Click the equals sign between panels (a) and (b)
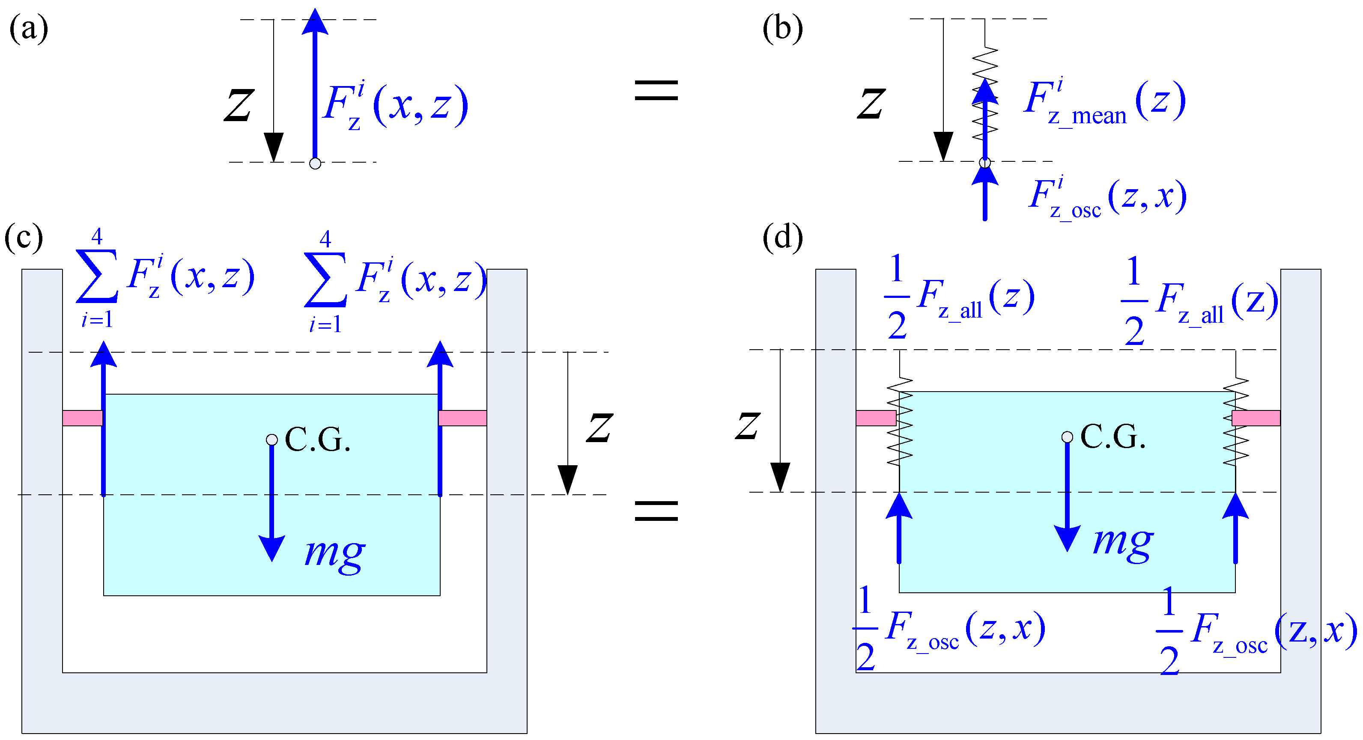click(656, 90)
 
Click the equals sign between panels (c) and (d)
click(656, 511)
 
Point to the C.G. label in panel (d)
click(1112, 437)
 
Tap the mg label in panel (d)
click(1123, 543)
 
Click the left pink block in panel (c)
click(83, 418)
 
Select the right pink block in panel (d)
click(1256, 418)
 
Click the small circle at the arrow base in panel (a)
click(315, 163)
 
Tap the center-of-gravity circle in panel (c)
click(271, 440)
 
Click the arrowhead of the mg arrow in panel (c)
click(271, 548)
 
